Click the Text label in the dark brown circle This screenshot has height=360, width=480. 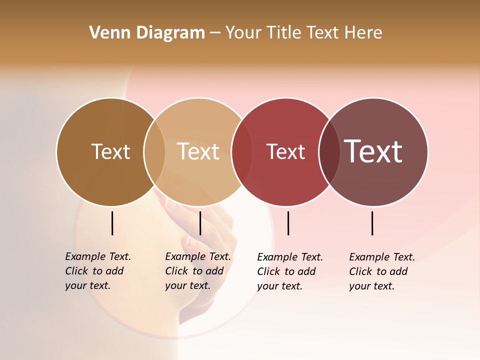[110, 151]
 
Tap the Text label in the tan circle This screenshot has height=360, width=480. [198, 151]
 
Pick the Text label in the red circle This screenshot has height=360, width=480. [285, 152]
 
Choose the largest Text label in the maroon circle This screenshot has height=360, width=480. [373, 151]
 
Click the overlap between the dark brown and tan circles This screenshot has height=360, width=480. [154, 152]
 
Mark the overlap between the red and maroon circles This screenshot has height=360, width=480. [329, 152]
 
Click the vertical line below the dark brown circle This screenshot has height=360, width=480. [112, 223]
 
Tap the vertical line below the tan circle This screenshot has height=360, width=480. [200, 223]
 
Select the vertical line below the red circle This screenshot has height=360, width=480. [288, 223]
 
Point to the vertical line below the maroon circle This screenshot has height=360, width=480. [372, 223]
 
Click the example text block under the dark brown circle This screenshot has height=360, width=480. [97, 271]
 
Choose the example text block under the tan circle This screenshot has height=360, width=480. [197, 271]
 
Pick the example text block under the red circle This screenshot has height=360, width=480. [289, 271]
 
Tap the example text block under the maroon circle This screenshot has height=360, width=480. [381, 271]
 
